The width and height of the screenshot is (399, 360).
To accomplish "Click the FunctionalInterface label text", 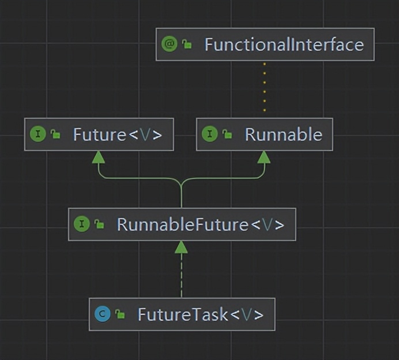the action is (284, 44).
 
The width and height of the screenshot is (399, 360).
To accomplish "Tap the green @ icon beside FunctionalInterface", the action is (169, 44).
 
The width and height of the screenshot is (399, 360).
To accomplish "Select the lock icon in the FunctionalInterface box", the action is (187, 44).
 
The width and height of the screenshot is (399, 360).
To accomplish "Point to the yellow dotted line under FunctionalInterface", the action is (265, 87).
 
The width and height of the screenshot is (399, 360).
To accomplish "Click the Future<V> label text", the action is (118, 134).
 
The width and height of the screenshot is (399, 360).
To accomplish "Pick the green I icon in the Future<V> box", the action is (38, 134).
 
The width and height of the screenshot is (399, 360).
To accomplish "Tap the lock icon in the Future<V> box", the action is (55, 134).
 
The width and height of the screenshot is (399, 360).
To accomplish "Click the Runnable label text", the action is (284, 134).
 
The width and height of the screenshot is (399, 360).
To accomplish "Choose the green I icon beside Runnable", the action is (210, 134).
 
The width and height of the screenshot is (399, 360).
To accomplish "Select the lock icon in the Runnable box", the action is (227, 134).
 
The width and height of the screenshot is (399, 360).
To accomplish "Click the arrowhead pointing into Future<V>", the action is (98, 157).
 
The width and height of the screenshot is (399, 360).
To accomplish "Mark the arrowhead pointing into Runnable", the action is (264, 157).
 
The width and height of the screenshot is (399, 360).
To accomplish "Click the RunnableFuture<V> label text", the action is (201, 224).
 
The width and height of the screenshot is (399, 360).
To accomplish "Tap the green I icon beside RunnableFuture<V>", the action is (82, 224).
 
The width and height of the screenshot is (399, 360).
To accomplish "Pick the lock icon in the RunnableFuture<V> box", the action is (99, 224).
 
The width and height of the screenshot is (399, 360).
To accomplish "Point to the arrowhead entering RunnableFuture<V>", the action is (181, 247).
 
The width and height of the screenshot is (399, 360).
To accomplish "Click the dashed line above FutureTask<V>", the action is (182, 275).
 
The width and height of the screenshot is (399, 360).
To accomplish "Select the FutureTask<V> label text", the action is (201, 314).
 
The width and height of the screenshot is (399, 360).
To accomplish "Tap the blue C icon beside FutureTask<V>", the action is (103, 314).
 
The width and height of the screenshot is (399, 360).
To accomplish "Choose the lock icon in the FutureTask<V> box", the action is (120, 314).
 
